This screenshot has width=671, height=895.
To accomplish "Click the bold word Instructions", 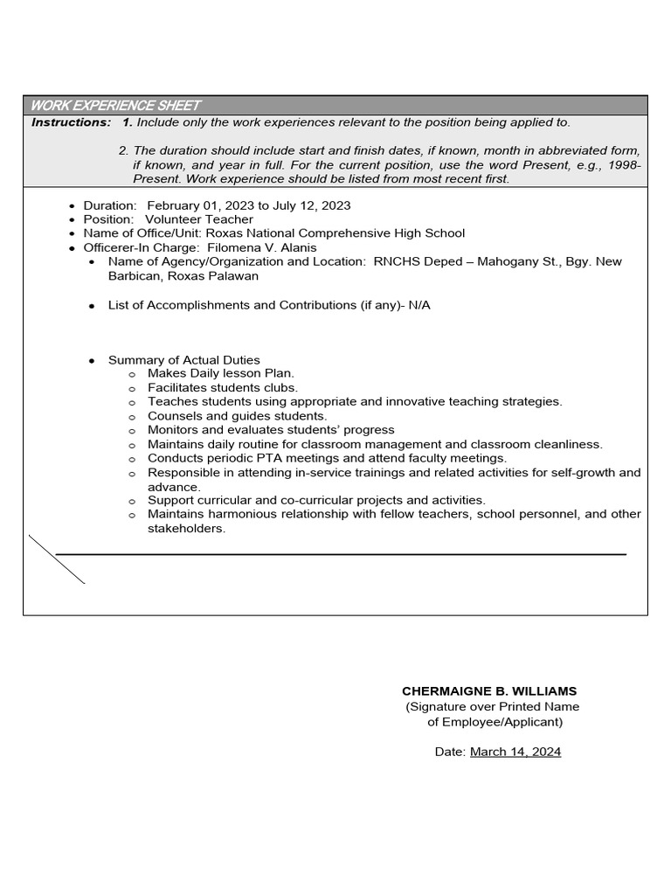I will click(71, 122).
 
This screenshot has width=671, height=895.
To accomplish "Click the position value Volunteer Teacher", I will click(199, 219).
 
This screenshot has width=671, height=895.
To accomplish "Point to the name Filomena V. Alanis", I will click(262, 247).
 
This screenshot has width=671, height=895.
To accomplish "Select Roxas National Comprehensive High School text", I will click(335, 233).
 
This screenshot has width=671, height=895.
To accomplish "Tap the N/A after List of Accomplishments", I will click(419, 305).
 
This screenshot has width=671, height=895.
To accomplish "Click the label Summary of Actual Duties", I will click(183, 360).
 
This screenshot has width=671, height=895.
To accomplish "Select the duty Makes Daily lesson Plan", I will click(221, 373).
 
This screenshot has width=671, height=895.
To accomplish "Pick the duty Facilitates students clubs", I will click(223, 387).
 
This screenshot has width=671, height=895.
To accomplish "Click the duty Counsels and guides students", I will click(238, 416).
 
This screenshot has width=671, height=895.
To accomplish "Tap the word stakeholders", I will click(186, 528).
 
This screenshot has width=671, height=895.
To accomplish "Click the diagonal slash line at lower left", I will click(57, 559).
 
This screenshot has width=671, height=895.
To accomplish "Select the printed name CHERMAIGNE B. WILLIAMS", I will click(489, 691).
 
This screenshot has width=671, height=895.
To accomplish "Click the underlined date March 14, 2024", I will click(515, 752).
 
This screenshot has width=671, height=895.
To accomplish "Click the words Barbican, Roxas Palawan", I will click(183, 275).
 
